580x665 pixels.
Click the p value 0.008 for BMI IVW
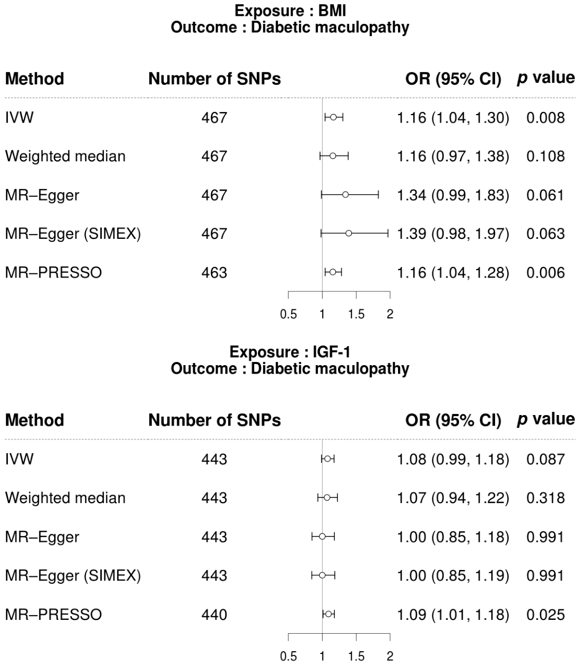pyautogui.click(x=546, y=118)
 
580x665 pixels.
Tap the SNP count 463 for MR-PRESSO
pyautogui.click(x=214, y=272)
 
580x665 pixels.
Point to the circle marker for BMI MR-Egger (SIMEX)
pyautogui.click(x=349, y=234)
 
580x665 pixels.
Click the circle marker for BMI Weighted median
pyautogui.click(x=333, y=156)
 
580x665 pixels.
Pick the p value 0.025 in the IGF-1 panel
pyautogui.click(x=546, y=615)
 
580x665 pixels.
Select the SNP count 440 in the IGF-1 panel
pyautogui.click(x=214, y=615)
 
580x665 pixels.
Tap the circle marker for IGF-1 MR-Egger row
pyautogui.click(x=322, y=536)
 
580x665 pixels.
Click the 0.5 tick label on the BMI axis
pyautogui.click(x=288, y=314)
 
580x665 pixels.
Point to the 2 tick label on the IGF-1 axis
pyautogui.click(x=390, y=656)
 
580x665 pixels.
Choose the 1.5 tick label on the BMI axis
pyautogui.click(x=356, y=314)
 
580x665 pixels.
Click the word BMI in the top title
pyautogui.click(x=332, y=11)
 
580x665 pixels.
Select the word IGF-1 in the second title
pyautogui.click(x=332, y=352)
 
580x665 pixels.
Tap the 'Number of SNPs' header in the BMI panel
pyautogui.click(x=214, y=79)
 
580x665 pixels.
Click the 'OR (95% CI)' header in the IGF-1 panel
pyautogui.click(x=453, y=420)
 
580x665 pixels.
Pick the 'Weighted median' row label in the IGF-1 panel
pyautogui.click(x=65, y=498)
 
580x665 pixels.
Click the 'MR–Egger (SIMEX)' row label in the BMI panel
pyautogui.click(x=73, y=234)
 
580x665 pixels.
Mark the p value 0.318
pyautogui.click(x=546, y=498)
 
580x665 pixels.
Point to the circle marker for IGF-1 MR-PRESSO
pyautogui.click(x=328, y=614)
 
